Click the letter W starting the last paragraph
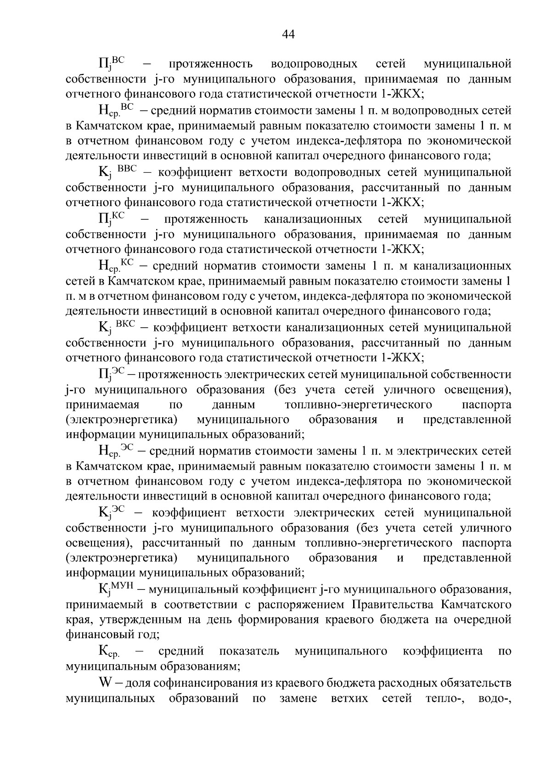click(x=105, y=683)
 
